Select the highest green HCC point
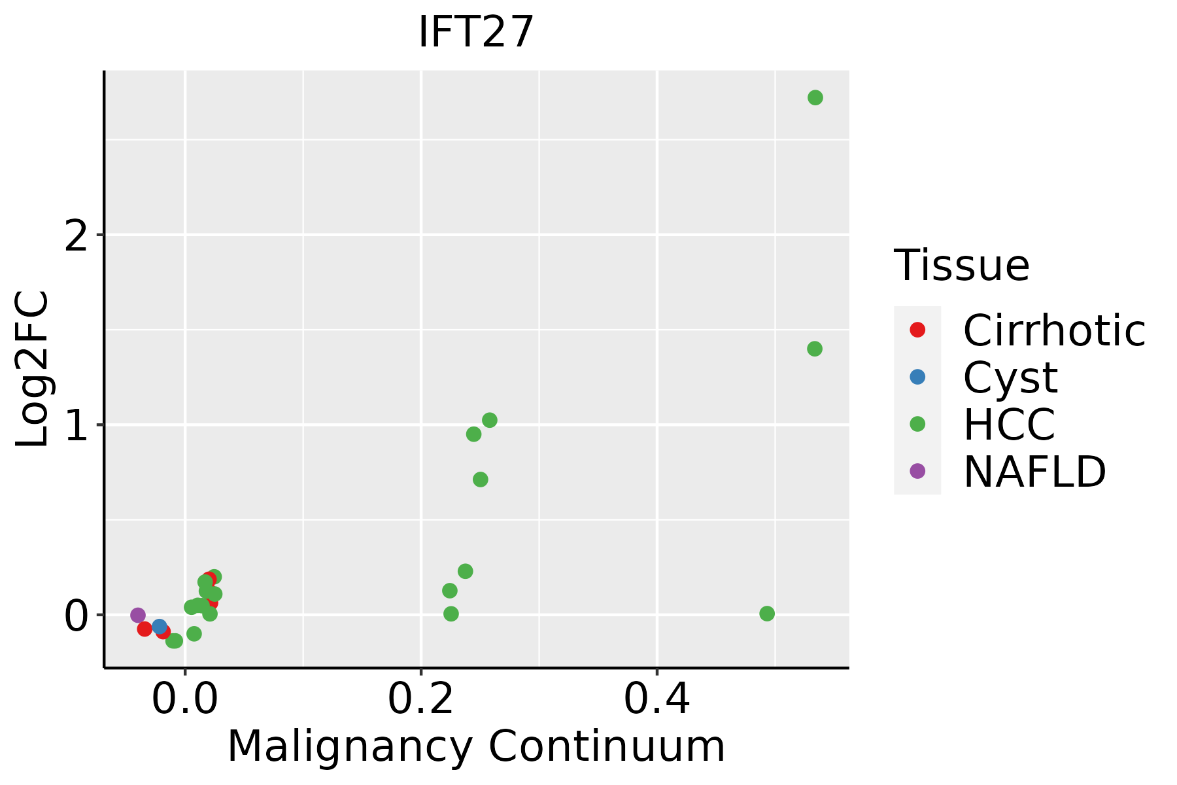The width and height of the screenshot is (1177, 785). pos(815,97)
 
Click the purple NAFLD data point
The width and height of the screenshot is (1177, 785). pos(138,615)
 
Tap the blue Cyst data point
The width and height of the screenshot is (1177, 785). pos(160,627)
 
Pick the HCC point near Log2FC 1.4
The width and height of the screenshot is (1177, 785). pos(814,349)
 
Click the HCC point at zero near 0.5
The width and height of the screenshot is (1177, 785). pos(767,614)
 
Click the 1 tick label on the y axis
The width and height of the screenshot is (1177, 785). pos(77,425)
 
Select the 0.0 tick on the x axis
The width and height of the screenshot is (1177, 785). pos(185,699)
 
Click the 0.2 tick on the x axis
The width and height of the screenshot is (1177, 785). pos(421,699)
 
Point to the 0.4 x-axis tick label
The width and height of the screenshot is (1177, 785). pos(657,699)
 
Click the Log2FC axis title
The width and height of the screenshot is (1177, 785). pos(33,369)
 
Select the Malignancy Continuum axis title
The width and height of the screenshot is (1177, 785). pos(476,746)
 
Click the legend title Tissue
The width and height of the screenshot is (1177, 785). pos(961,265)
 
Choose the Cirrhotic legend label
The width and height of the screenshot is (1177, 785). pos(1054,330)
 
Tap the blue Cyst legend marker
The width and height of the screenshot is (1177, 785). pos(917,377)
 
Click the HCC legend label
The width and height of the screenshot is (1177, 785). pos(1009,424)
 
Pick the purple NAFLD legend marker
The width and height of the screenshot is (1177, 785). pos(917,470)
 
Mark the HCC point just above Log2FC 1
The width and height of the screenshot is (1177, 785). pos(489,420)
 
